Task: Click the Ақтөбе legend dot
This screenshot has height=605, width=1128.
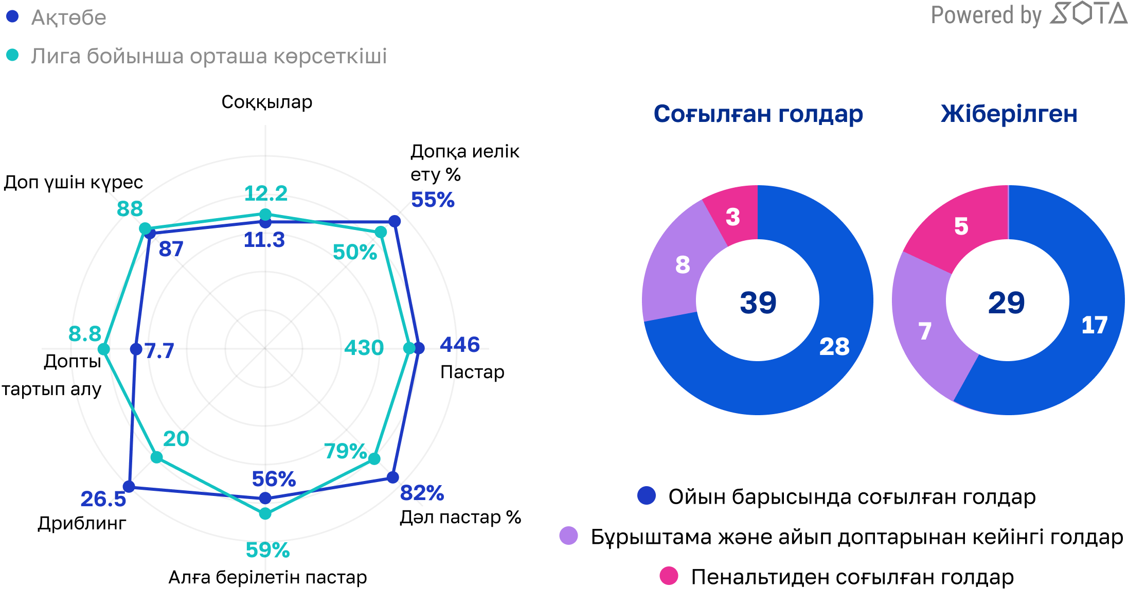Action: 12,16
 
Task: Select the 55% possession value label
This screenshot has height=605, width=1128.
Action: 433,200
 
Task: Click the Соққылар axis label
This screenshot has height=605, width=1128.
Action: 266,102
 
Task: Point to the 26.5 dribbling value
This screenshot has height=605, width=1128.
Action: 103,499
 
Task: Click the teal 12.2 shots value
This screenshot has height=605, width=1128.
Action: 265,193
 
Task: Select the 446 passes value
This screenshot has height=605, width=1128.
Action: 459,344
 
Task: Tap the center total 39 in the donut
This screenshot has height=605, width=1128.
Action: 758,302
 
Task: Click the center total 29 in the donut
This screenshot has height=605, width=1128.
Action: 1006,302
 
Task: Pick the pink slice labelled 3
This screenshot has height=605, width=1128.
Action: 732,217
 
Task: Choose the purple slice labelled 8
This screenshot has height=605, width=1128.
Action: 682,265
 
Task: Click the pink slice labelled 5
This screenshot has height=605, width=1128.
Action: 961,226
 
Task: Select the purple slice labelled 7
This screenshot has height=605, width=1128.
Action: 925,331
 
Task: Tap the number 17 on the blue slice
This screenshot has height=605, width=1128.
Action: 1094,325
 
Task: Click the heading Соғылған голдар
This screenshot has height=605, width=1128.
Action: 758,114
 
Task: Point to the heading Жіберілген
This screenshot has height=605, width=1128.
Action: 1009,114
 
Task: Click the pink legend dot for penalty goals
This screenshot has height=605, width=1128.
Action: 669,576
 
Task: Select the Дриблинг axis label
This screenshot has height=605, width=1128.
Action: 82,523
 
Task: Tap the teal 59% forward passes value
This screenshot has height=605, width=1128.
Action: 267,550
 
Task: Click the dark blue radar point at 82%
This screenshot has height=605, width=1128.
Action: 392,477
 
